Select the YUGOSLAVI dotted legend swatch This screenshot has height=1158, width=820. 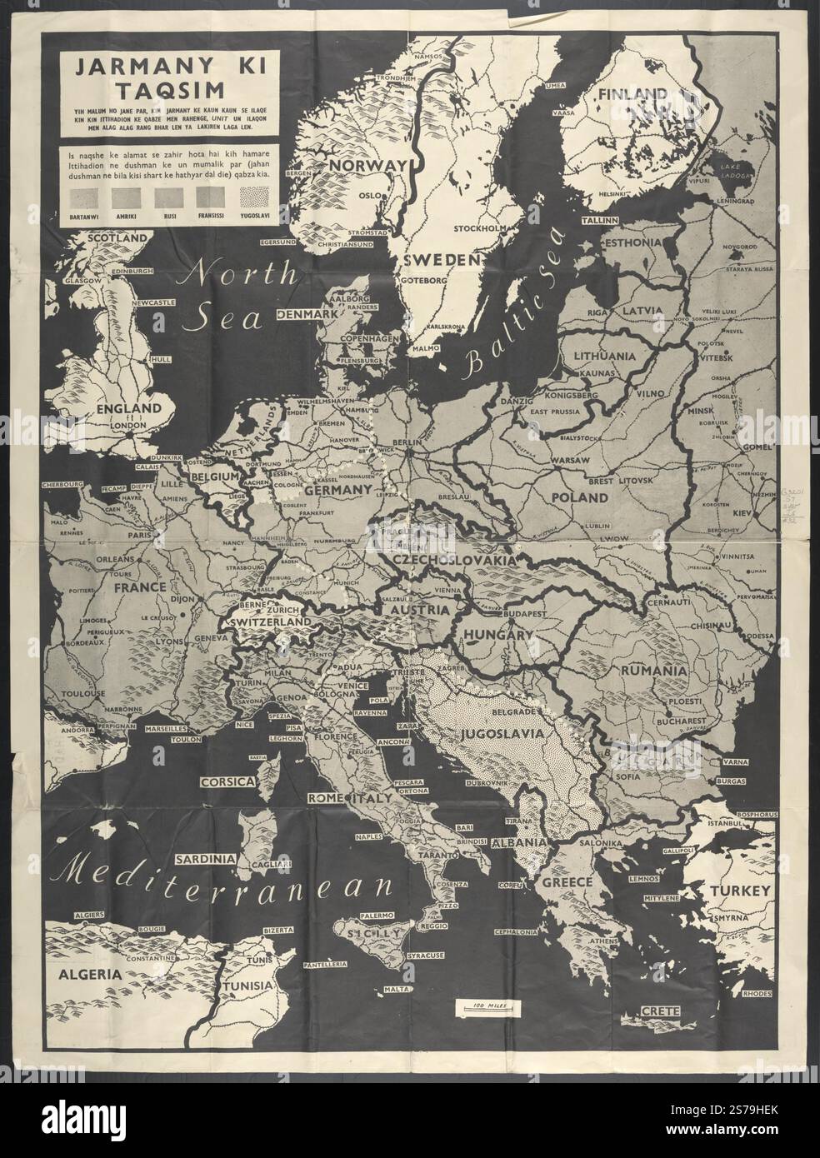coord(254,198)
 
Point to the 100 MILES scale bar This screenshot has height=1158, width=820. coord(487,1006)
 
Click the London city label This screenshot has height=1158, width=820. coord(129,425)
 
